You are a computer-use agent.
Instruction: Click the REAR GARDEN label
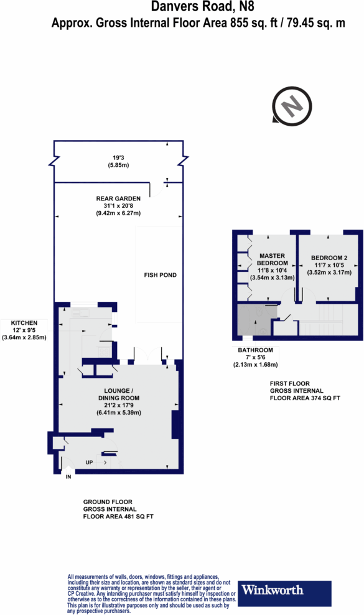(x=118, y=199)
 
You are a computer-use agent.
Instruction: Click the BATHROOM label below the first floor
(x=254, y=350)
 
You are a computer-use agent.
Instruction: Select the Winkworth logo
(x=272, y=589)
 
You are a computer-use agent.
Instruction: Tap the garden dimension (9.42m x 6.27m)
(x=118, y=214)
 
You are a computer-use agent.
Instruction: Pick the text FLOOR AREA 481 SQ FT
(x=118, y=517)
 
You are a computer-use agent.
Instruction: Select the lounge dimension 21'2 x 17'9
(x=118, y=406)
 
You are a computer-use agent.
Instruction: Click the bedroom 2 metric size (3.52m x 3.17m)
(x=330, y=272)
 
